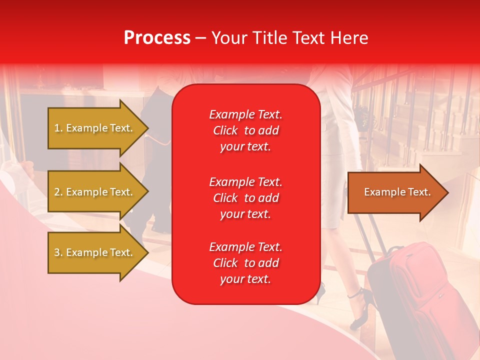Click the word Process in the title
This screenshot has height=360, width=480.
pyautogui.click(x=157, y=37)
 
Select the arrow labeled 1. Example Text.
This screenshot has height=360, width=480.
pyautogui.click(x=95, y=128)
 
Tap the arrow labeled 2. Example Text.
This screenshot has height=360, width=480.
pyautogui.click(x=95, y=192)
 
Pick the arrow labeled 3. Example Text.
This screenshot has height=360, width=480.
pyautogui.click(x=95, y=252)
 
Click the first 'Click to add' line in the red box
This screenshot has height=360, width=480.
pyautogui.click(x=245, y=130)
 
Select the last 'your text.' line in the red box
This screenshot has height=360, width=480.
pyautogui.click(x=245, y=279)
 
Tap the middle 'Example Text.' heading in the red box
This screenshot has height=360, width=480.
pyautogui.click(x=245, y=182)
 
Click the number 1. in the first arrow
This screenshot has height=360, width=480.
pyautogui.click(x=58, y=128)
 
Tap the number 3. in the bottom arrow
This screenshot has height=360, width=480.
pyautogui.click(x=58, y=252)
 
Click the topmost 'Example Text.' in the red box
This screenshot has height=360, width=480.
pyautogui.click(x=245, y=114)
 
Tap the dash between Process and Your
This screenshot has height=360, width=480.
pyautogui.click(x=200, y=38)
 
